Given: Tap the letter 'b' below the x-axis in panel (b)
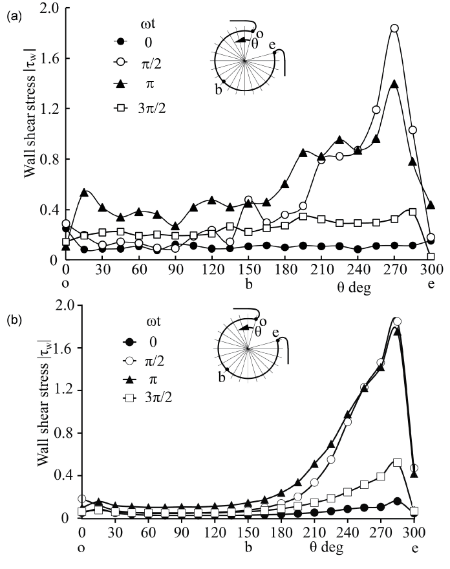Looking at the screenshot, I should click(248, 548).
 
